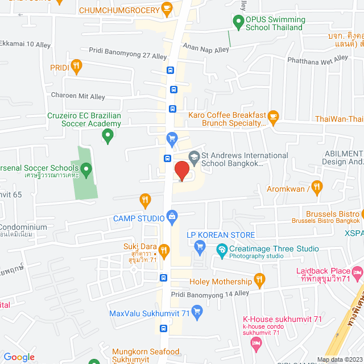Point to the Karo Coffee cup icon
(x=273, y=117)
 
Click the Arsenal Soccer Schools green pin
(x=86, y=169)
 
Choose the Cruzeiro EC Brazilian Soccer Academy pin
(x=107, y=136)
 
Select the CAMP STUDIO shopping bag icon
(x=171, y=216)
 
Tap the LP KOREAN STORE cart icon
(x=199, y=246)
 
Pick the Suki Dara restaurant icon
(x=164, y=250)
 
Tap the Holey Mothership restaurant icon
(x=260, y=280)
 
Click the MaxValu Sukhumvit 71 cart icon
(x=197, y=311)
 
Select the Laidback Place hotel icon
(x=357, y=274)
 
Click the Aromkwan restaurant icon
(x=317, y=186)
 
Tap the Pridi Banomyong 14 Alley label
(x=210, y=293)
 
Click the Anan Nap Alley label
(x=205, y=50)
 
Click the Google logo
(x=19, y=357)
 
